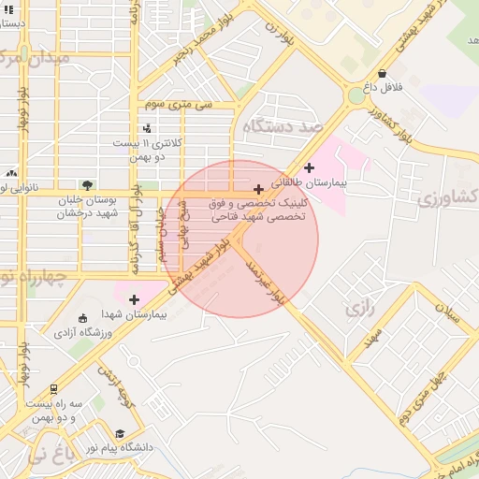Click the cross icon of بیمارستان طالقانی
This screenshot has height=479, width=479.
[310, 167]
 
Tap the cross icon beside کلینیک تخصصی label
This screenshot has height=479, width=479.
[259, 190]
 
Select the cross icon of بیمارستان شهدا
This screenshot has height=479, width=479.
[135, 299]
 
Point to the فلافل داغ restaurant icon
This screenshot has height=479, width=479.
[382, 73]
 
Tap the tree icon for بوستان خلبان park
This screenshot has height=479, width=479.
[87, 185]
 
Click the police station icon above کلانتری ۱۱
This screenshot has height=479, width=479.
[146, 128]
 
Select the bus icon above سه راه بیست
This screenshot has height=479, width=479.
[54, 388]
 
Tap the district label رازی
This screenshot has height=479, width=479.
[358, 307]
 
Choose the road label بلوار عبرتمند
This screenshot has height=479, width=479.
[263, 282]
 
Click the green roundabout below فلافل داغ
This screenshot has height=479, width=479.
[356, 95]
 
